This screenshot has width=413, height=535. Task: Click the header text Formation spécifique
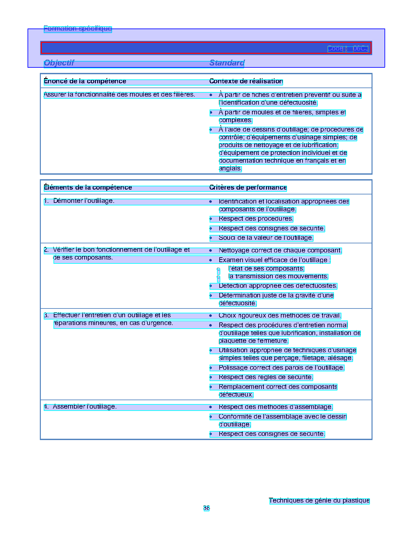(x=77, y=29)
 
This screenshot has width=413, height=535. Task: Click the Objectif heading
(x=59, y=63)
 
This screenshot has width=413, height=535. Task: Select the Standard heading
(x=227, y=63)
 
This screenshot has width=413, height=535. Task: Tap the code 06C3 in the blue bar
(x=360, y=49)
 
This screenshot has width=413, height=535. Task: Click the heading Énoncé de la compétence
(x=85, y=81)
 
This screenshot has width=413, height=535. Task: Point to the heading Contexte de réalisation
(x=246, y=81)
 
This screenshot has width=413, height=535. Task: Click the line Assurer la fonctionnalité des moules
(x=119, y=95)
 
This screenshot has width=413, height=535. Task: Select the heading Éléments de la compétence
(x=88, y=188)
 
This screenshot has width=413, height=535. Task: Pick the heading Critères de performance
(x=248, y=188)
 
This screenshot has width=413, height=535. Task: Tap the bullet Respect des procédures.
(x=256, y=219)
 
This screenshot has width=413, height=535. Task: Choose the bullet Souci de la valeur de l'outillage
(x=266, y=238)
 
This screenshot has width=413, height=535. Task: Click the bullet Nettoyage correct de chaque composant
(x=280, y=250)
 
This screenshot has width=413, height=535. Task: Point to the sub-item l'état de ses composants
(x=266, y=269)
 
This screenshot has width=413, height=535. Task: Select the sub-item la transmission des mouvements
(x=278, y=276)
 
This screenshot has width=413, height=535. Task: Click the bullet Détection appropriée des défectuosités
(x=278, y=286)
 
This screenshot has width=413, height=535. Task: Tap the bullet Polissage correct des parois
(x=281, y=368)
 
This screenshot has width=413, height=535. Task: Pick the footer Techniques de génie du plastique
(x=319, y=501)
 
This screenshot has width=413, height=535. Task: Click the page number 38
(x=206, y=508)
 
